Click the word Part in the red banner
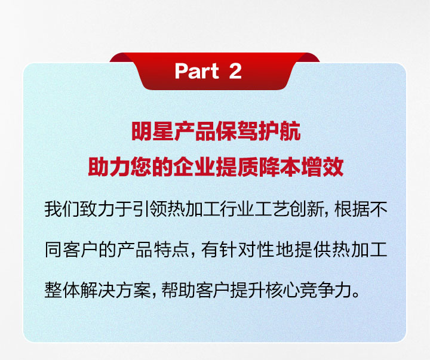click(x=196, y=71)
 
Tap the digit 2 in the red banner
click(x=235, y=71)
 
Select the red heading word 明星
click(x=152, y=131)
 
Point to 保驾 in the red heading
click(x=237, y=131)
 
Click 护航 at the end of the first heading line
click(x=279, y=131)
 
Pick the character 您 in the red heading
click(x=141, y=167)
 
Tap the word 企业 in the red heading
click(x=195, y=167)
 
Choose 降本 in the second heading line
click(x=279, y=167)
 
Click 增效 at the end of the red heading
click(x=322, y=167)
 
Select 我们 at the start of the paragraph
click(x=62, y=209)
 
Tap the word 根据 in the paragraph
click(x=352, y=209)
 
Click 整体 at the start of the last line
click(x=62, y=290)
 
